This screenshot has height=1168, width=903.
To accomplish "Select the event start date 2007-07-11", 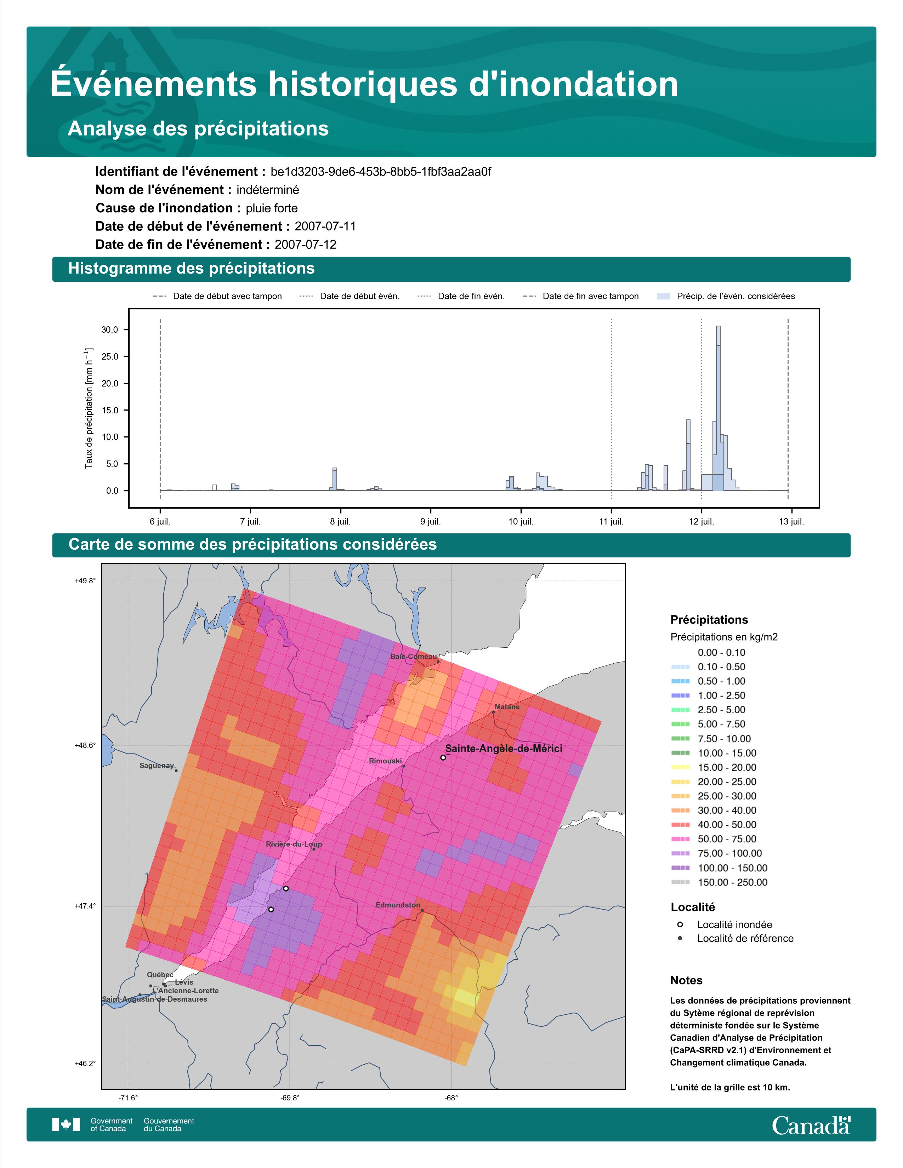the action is click(x=325, y=226).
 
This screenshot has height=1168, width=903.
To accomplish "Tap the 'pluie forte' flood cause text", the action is click(x=272, y=208).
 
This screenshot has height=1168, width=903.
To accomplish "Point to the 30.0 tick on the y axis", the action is click(x=110, y=330).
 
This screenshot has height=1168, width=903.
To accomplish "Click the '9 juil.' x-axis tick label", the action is click(x=431, y=521).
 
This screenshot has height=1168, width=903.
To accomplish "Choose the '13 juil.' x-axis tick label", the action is click(x=791, y=521).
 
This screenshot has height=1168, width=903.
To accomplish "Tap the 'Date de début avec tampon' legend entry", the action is click(x=217, y=296).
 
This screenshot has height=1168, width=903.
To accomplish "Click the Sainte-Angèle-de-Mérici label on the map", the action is click(x=504, y=749).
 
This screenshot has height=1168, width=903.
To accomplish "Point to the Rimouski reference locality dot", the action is click(x=404, y=766).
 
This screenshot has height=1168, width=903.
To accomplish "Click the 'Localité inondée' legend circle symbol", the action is click(x=680, y=924).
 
